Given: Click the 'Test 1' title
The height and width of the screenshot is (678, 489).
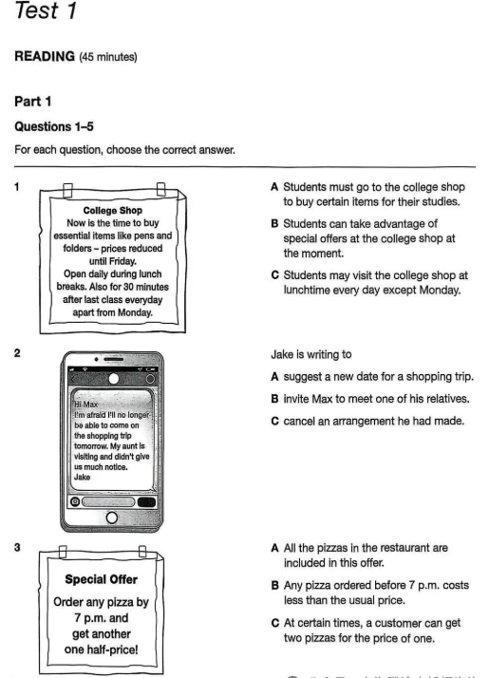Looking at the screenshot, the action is click(46, 9).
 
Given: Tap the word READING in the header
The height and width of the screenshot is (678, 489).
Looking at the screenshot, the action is click(45, 56).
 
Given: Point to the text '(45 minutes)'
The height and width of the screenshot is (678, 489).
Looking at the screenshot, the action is click(107, 57).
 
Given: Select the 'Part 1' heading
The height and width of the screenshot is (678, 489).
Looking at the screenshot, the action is click(33, 102).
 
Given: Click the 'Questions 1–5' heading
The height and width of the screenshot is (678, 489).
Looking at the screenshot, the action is click(54, 126).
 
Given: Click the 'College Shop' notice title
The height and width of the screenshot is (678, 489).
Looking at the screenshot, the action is click(112, 210).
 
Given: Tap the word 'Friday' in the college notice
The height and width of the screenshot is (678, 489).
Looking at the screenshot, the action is click(112, 261).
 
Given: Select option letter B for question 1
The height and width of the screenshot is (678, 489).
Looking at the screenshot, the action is click(274, 223).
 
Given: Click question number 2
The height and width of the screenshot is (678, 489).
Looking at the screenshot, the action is click(17, 353).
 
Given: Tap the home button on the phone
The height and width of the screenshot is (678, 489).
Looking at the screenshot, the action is click(111, 518).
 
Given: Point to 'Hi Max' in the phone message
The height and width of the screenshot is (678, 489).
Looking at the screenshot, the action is click(85, 405).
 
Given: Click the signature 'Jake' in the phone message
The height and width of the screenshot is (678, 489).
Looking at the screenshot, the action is click(83, 477).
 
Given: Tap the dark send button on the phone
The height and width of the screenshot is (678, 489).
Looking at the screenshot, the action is click(146, 502).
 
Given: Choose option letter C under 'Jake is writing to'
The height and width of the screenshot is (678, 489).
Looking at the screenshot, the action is click(275, 422).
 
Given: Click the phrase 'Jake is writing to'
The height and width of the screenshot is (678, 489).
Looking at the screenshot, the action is click(311, 354).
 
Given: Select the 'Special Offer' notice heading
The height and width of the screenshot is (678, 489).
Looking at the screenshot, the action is click(102, 579).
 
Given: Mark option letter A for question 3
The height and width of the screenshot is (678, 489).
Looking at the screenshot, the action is click(274, 548).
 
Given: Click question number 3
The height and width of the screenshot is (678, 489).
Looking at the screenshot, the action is click(17, 547).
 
